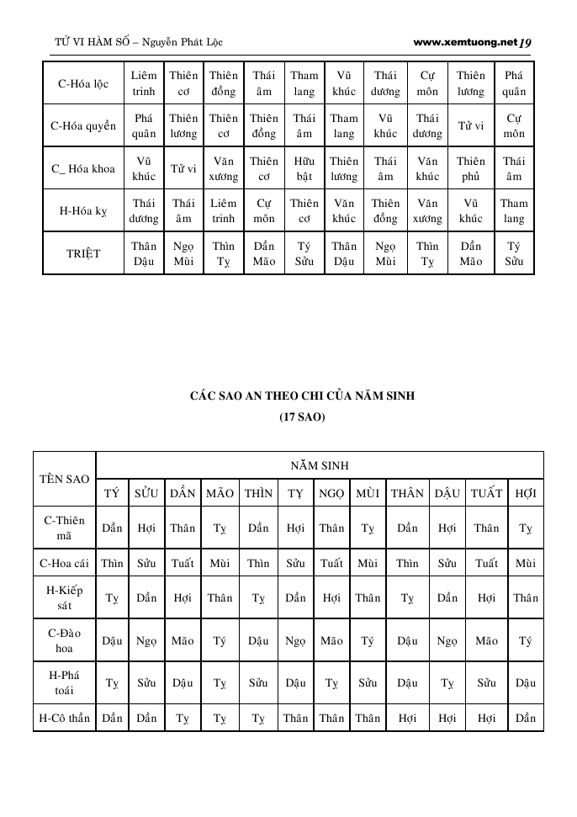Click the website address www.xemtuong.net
point(465,41)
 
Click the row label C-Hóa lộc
point(82,83)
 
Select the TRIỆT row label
point(82,253)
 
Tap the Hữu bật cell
point(304,169)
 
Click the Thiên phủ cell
point(471,169)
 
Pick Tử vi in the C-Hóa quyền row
point(471,126)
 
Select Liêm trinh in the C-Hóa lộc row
point(144,83)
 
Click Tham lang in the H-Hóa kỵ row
point(514,211)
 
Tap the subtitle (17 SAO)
point(302,416)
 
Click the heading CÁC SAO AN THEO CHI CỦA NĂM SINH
point(302,395)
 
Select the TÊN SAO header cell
point(65,479)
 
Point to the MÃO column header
point(220,493)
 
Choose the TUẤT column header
point(486,493)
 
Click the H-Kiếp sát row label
point(65,598)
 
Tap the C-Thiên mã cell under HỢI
point(526,528)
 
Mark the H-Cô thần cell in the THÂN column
point(407,719)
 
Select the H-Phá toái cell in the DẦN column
point(183,683)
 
